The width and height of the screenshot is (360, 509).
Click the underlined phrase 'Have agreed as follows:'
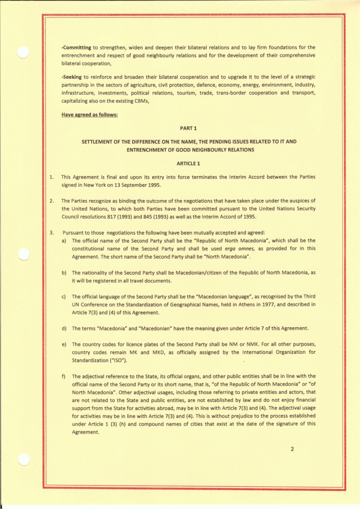click(90, 115)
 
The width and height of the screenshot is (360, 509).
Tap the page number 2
click(292, 449)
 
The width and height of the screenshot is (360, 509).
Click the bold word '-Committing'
click(76, 47)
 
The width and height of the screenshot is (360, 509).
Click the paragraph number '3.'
click(51, 233)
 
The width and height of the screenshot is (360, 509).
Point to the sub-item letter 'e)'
click(64, 345)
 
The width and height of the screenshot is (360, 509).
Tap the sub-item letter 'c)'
click(64, 296)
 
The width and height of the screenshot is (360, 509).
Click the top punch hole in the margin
click(23, 52)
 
